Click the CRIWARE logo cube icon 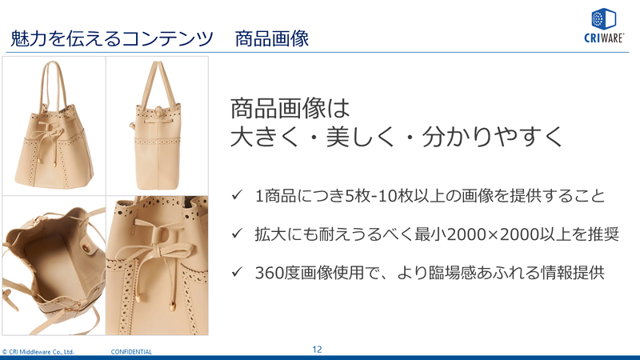[x=604, y=18]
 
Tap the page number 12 [x=317, y=350]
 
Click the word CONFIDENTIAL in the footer [x=131, y=352]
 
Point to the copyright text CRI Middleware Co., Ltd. [x=38, y=352]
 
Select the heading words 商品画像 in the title [x=272, y=38]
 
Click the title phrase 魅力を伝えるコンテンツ [x=111, y=38]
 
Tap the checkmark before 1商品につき [x=237, y=194]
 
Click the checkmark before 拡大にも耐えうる [x=237, y=233]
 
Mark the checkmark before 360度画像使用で [x=237, y=271]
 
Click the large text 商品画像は [x=290, y=109]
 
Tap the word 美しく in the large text [x=361, y=137]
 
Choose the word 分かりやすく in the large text [x=492, y=137]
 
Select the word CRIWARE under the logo [x=604, y=38]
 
